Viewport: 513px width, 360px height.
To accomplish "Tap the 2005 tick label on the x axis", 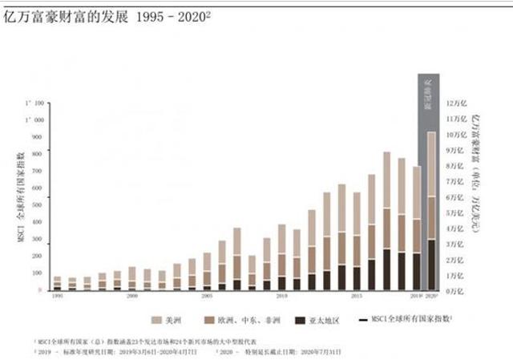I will [206, 296].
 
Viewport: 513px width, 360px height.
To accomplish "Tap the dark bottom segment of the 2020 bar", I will [431, 265].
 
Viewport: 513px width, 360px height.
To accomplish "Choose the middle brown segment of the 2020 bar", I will [431, 218].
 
